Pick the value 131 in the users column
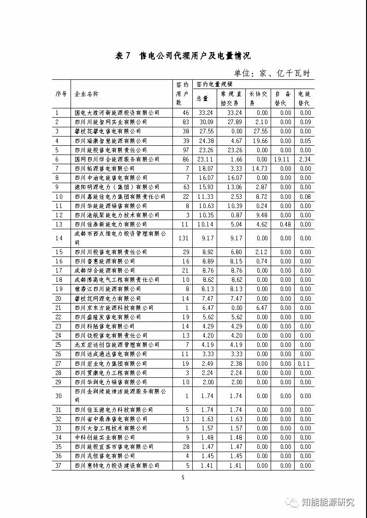(183, 238)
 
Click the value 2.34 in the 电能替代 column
(305, 159)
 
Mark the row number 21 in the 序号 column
(59, 308)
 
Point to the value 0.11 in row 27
(305, 363)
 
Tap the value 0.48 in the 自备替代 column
(285, 224)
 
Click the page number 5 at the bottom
(183, 477)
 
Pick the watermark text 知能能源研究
(328, 502)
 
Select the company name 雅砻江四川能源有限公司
(108, 289)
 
